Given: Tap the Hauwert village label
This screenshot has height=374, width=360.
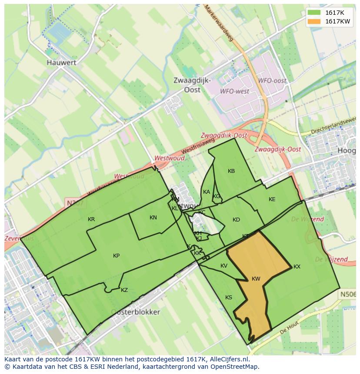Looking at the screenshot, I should (x=61, y=63).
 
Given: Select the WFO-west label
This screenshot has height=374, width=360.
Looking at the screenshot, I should (x=235, y=91).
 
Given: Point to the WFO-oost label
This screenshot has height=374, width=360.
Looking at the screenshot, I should (x=272, y=81).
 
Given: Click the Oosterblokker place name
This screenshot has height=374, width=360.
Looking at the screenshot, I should (x=135, y=312).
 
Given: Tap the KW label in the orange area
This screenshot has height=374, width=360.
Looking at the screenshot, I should (x=256, y=279).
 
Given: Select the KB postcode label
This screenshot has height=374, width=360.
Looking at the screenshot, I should (x=231, y=171).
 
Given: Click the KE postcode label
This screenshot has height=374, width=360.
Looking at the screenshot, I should (x=272, y=199).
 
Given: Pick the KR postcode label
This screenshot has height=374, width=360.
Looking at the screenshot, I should (x=91, y=219).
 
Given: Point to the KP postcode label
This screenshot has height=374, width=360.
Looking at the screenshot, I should (x=116, y=256).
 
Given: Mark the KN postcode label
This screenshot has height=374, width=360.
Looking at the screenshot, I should (x=153, y=218).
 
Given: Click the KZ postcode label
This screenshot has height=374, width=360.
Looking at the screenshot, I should (x=124, y=290).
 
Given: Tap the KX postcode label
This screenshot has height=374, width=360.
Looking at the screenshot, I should (x=297, y=267).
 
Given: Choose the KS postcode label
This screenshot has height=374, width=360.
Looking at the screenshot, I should (x=229, y=298).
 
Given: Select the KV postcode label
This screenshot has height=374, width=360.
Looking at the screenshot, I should (x=224, y=266).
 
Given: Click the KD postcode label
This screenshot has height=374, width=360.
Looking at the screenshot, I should (x=236, y=220).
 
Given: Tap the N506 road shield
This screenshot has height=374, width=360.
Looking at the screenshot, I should (x=347, y=295).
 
